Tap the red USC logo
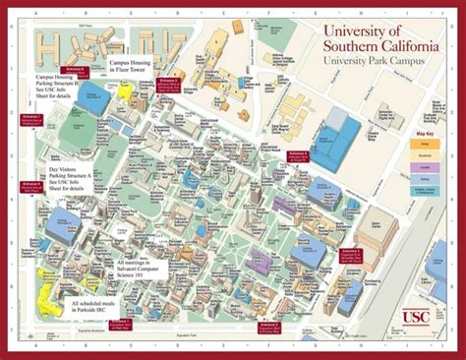(416, 316)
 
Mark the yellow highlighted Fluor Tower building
(125, 90)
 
